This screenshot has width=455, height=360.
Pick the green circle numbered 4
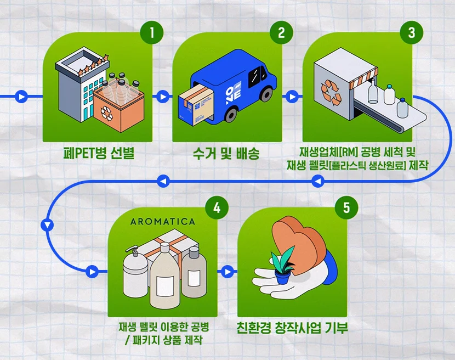tap(217, 208)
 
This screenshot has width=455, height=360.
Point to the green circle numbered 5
tap(346, 208)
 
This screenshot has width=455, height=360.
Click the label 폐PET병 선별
tap(99, 152)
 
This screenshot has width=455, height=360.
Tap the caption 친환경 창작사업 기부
tap(292, 328)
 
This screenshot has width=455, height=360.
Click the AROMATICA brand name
tap(162, 222)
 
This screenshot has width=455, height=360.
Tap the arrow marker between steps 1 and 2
tap(162, 97)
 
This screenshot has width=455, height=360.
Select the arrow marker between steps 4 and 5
tap(226, 272)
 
